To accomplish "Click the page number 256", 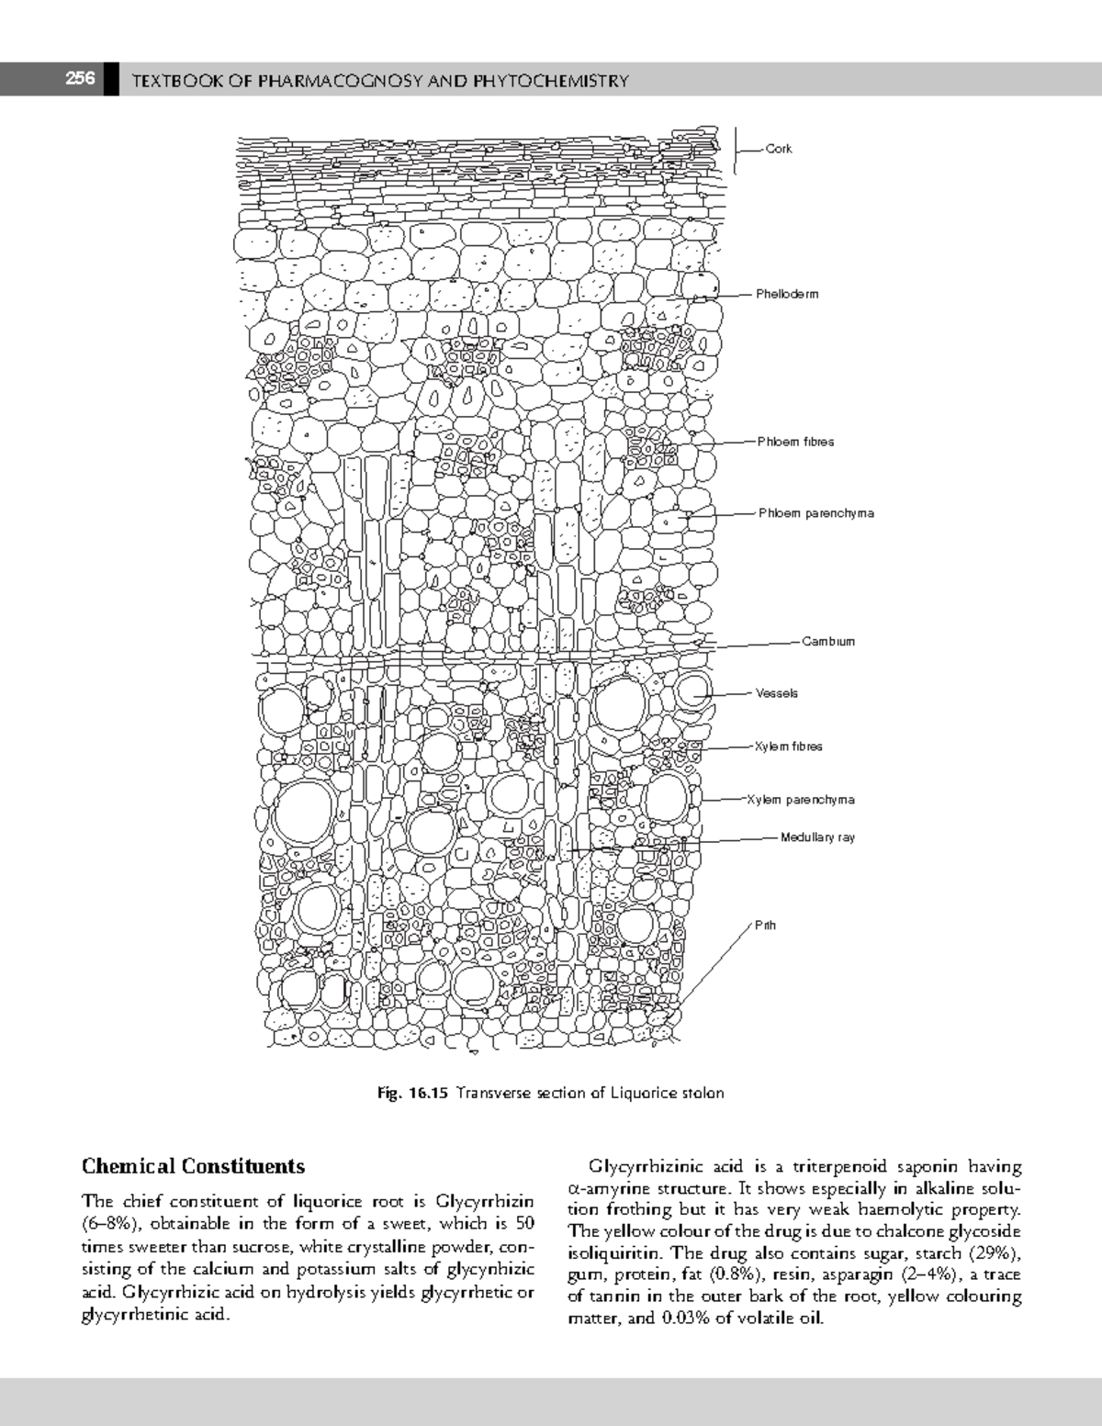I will [x=79, y=79].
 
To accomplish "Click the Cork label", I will [x=779, y=149].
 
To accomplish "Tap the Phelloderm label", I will [x=786, y=294].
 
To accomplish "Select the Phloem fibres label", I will [x=795, y=442].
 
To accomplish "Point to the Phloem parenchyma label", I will [x=815, y=513].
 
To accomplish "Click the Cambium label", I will [x=827, y=641].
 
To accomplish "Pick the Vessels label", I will [x=776, y=693].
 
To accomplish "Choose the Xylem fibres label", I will [x=788, y=747].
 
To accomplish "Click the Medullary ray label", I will [x=817, y=837].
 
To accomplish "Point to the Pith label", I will [x=765, y=925].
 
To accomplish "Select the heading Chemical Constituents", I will [x=193, y=1166].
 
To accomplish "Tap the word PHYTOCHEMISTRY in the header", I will [x=550, y=81].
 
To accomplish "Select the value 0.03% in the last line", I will [x=680, y=1319].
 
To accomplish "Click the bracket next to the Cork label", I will [x=737, y=149].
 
